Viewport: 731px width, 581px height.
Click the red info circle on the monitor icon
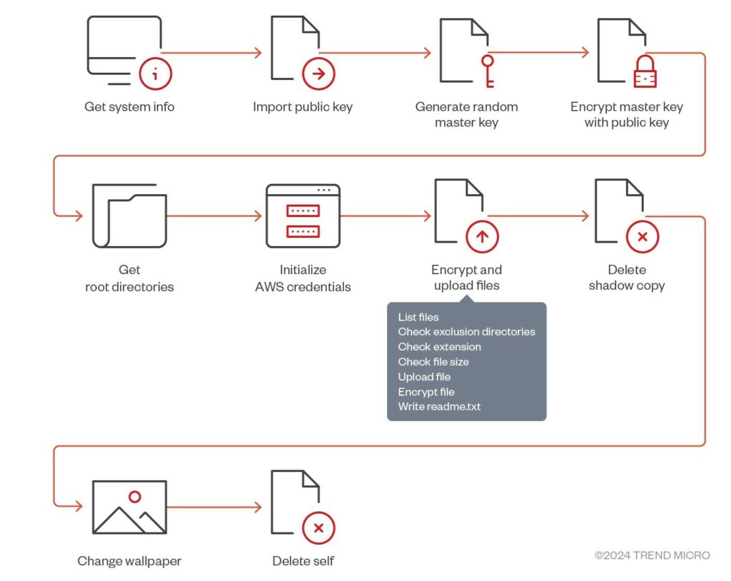click(x=156, y=74)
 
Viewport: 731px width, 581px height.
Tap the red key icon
click(x=488, y=72)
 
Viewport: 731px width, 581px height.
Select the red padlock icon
click(x=645, y=72)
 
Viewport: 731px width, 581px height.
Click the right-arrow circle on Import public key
click(x=318, y=74)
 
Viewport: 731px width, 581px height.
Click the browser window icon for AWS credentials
click(x=303, y=216)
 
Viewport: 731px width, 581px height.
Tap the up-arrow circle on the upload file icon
click(x=483, y=236)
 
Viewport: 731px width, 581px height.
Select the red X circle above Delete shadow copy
click(x=642, y=236)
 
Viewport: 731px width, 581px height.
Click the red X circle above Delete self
click(x=318, y=528)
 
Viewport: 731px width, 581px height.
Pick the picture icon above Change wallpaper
click(x=129, y=507)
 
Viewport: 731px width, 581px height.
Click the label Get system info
click(x=129, y=107)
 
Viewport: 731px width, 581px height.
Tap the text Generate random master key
click(x=466, y=114)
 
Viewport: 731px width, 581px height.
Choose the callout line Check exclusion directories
click(x=466, y=332)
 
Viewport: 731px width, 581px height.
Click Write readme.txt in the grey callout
click(x=439, y=407)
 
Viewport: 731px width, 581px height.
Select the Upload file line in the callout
click(x=424, y=377)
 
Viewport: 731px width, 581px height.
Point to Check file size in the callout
click(x=433, y=362)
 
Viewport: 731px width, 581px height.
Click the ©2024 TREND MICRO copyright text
click(x=652, y=555)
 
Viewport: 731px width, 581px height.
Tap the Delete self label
click(x=303, y=561)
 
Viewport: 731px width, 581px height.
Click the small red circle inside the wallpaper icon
click(x=134, y=497)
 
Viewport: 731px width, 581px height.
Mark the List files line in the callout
click(x=418, y=317)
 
